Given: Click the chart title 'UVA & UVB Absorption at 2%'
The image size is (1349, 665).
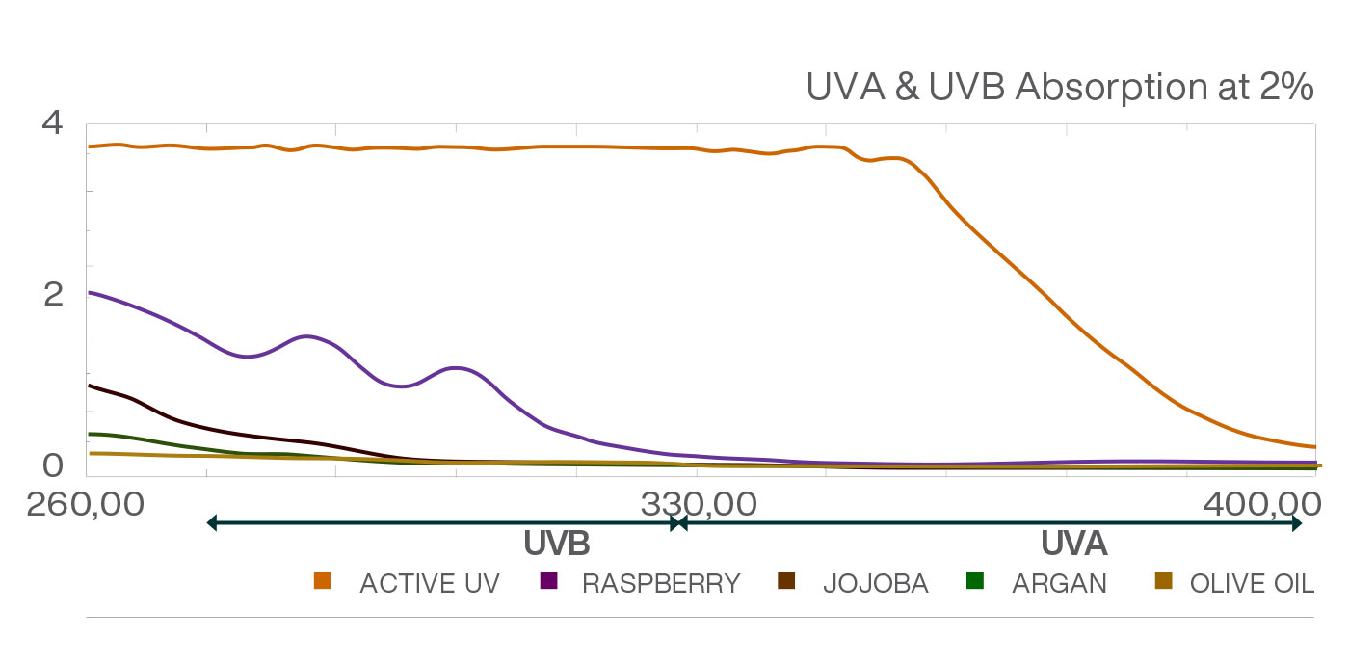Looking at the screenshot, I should click(x=1060, y=88).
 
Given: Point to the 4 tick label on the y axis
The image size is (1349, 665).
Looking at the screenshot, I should click(x=52, y=123).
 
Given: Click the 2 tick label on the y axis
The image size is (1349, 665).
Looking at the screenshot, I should click(x=52, y=294).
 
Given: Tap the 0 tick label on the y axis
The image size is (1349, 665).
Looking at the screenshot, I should click(x=52, y=465).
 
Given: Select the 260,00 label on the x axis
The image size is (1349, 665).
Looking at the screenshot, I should click(x=86, y=504).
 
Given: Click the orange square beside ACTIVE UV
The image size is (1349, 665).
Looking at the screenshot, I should click(x=323, y=581).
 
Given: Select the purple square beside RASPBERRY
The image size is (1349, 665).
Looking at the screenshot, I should click(x=549, y=581).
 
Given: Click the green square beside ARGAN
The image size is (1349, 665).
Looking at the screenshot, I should click(x=975, y=581).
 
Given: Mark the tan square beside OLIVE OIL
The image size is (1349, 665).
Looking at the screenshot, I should click(x=1163, y=581).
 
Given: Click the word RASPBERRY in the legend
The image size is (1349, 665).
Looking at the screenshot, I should click(x=661, y=584).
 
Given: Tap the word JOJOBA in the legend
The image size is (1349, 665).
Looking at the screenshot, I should click(x=875, y=584).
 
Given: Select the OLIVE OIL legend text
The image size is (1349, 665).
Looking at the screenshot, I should click(x=1252, y=584).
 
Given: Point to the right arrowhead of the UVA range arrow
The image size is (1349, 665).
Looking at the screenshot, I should click(x=1297, y=523).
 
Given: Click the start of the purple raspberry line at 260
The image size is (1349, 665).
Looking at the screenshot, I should click(x=90, y=292).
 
